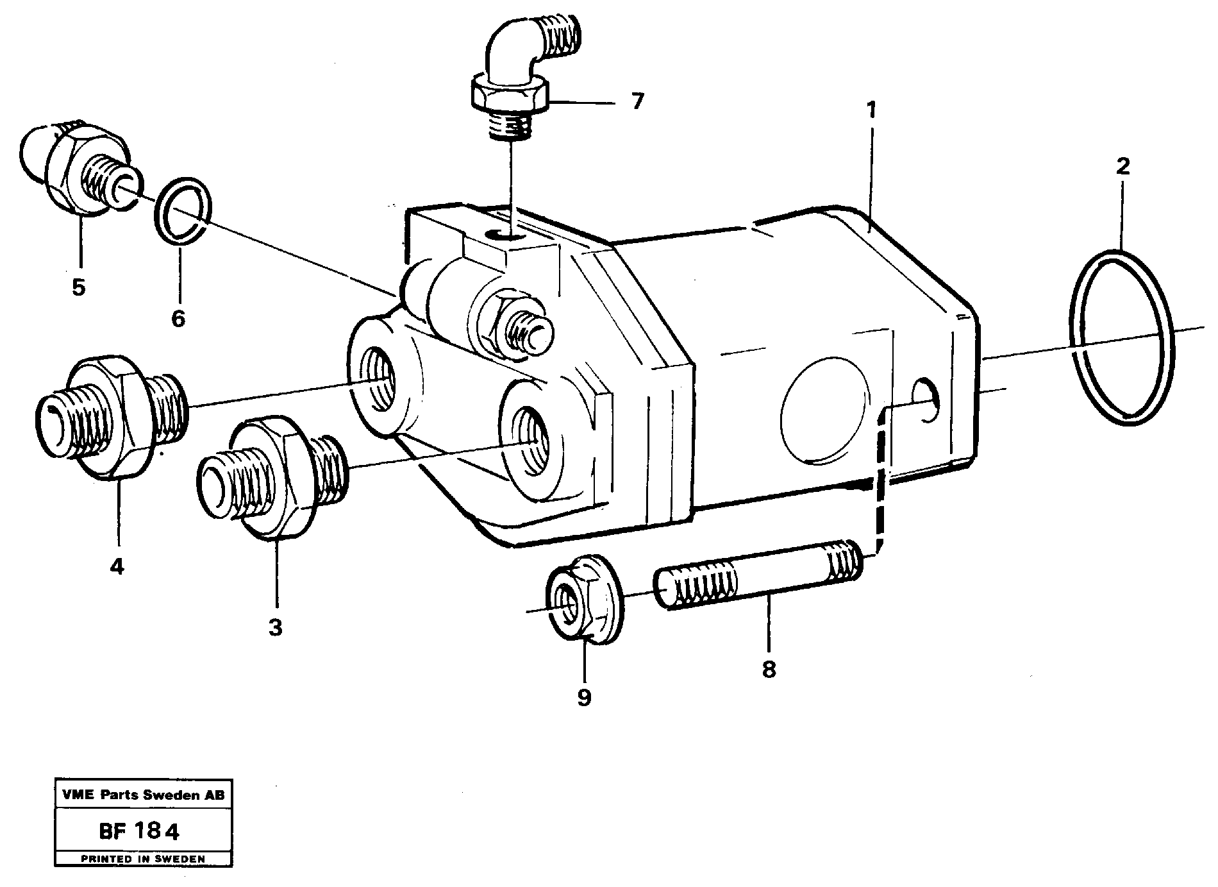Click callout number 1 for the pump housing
(x=871, y=110)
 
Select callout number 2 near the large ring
(x=1122, y=167)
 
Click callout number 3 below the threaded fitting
(x=275, y=627)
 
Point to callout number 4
(x=116, y=566)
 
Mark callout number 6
(x=178, y=318)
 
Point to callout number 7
(x=636, y=101)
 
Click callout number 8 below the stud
(x=769, y=670)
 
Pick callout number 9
(x=583, y=697)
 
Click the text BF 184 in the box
(x=139, y=832)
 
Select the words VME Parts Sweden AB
(x=144, y=795)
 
